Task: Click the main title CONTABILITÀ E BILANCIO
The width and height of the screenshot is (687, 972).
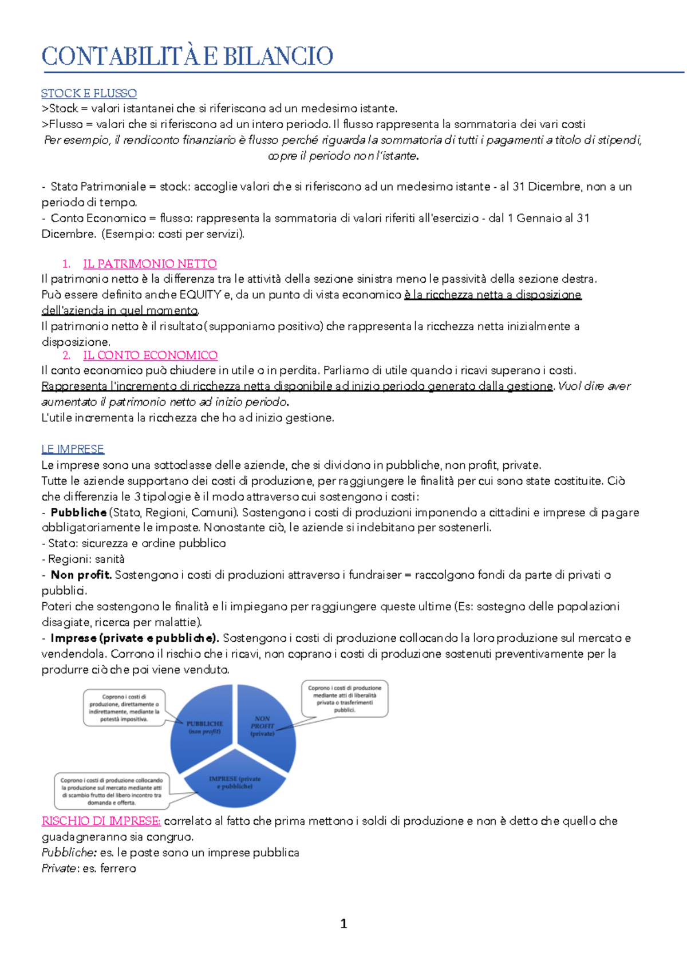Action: pos(187,56)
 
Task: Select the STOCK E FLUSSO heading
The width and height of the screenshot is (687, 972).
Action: pos(89,93)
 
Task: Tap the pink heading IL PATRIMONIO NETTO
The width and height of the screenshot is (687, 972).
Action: pos(149,264)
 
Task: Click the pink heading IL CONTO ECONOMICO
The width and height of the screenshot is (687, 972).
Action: pos(150,355)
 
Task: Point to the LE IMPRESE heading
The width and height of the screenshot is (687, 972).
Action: pos(73,449)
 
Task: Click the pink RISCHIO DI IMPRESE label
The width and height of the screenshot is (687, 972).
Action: pos(101,821)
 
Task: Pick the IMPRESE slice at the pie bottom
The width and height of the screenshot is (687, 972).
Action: pos(235,782)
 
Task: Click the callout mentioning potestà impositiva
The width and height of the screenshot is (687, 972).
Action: pos(124,708)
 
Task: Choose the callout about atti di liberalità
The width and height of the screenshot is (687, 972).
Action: pos(345,698)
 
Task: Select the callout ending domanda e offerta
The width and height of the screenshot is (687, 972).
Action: pos(112,791)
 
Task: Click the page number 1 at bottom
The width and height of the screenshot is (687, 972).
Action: pos(343,923)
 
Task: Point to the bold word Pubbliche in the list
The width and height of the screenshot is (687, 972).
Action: pos(78,512)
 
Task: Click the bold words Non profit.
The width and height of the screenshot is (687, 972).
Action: pos(81,575)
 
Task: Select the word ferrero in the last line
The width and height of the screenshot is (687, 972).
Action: pos(118,868)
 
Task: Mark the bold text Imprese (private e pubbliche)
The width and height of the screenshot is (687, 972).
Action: pos(135,638)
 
